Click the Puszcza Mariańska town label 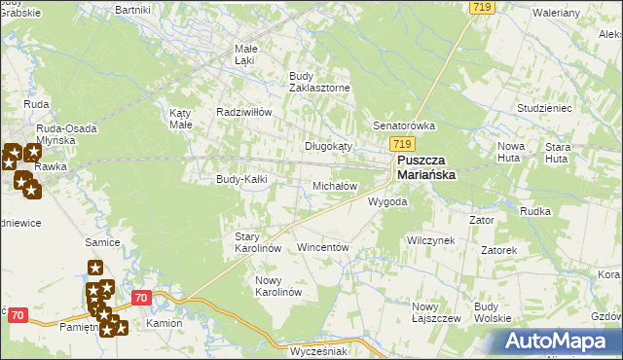[x=433, y=169]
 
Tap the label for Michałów [x=335, y=185]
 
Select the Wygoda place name [x=386, y=202]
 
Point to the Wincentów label [x=322, y=248]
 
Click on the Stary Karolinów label [x=258, y=242]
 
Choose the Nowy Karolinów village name [x=279, y=286]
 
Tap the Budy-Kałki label [x=241, y=179]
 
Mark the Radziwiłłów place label [x=243, y=112]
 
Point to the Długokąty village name [x=328, y=145]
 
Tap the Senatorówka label [x=404, y=126]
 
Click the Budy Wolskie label [x=493, y=311]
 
